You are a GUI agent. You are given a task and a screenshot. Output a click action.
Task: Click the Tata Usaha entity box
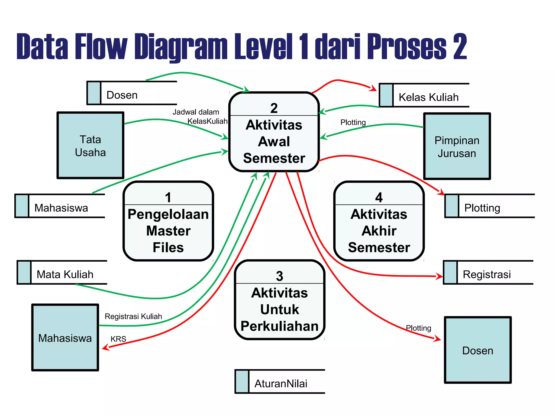click(90, 146)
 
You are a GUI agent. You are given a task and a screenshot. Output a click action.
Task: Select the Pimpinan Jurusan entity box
click(457, 147)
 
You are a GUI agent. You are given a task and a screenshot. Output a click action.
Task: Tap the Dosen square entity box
click(477, 350)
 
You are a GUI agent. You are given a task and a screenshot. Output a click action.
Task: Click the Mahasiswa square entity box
click(65, 338)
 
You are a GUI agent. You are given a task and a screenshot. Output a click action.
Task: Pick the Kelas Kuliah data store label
click(428, 97)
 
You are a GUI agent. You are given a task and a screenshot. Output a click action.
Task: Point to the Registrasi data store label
click(487, 274)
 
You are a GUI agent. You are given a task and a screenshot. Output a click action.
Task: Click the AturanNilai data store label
click(281, 383)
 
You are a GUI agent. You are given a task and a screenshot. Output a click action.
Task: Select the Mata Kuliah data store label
click(65, 274)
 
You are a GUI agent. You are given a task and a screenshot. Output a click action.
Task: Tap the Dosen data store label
click(122, 95)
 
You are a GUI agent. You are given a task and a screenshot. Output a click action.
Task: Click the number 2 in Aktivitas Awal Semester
click(274, 108)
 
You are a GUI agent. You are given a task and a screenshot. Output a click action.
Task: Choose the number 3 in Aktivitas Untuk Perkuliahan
click(279, 276)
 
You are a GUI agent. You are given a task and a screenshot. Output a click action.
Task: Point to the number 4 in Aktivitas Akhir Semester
click(379, 197)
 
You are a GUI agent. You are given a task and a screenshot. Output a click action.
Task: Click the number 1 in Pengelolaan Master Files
click(168, 197)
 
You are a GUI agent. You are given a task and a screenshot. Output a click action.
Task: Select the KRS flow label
click(118, 339)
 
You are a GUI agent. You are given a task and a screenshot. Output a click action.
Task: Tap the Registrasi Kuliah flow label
click(133, 316)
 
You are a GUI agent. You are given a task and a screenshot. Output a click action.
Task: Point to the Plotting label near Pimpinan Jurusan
click(353, 122)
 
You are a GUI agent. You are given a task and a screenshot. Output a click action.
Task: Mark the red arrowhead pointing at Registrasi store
click(439, 276)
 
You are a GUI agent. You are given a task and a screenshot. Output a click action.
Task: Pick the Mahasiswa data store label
click(61, 208)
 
